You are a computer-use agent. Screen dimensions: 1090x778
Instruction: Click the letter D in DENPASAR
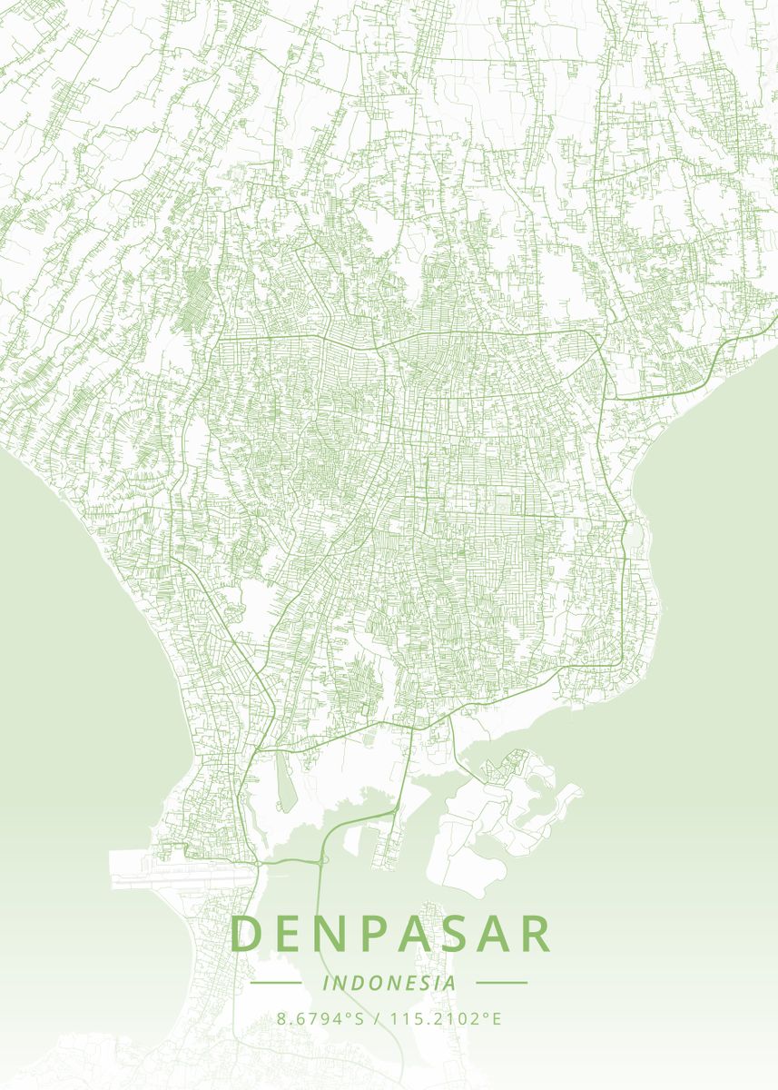pos(247,934)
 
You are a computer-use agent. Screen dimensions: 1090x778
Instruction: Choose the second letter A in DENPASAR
pos(487,934)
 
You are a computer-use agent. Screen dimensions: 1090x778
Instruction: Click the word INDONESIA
pos(389,983)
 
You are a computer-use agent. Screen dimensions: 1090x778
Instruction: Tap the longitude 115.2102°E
pos(446,1018)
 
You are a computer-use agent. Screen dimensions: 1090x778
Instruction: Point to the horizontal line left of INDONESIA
pos(275,983)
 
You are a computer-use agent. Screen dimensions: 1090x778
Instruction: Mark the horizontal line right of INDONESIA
pos(501,983)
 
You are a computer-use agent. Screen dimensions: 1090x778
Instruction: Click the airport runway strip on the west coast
pos(182,867)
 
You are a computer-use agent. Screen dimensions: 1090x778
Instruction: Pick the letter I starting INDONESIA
pos(326,983)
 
